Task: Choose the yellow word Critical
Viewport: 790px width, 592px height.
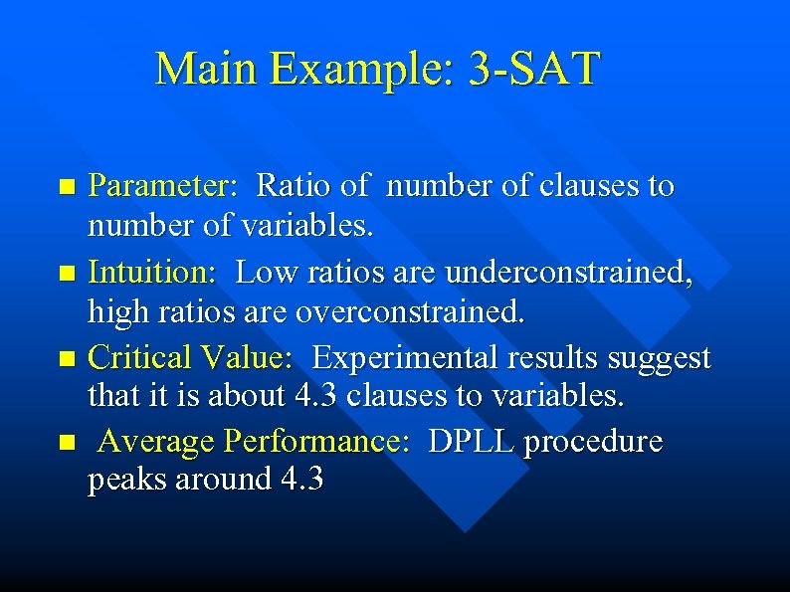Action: click(x=140, y=356)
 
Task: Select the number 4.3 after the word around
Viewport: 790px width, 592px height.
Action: click(x=301, y=480)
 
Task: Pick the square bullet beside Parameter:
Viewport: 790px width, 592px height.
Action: click(x=67, y=186)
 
